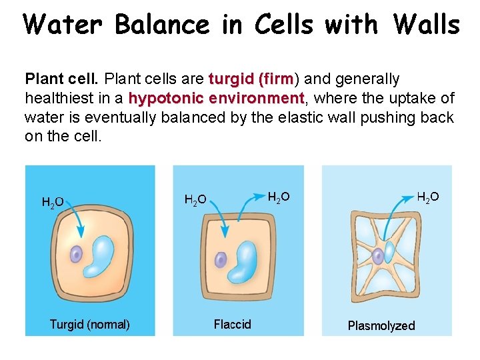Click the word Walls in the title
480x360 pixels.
pyautogui.click(x=427, y=25)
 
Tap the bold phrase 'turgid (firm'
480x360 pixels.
pyautogui.click(x=251, y=79)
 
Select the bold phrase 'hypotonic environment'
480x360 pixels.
pyautogui.click(x=216, y=99)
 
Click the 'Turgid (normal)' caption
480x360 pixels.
pyautogui.click(x=89, y=325)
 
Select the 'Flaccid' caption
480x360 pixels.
pyautogui.click(x=232, y=325)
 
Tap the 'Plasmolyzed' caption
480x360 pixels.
pyautogui.click(x=381, y=325)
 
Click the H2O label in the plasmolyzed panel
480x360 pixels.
pyautogui.click(x=427, y=197)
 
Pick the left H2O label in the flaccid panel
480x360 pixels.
pyautogui.click(x=195, y=199)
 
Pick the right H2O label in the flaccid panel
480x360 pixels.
pyautogui.click(x=278, y=197)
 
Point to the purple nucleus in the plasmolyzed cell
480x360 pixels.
pyautogui.click(x=377, y=255)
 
